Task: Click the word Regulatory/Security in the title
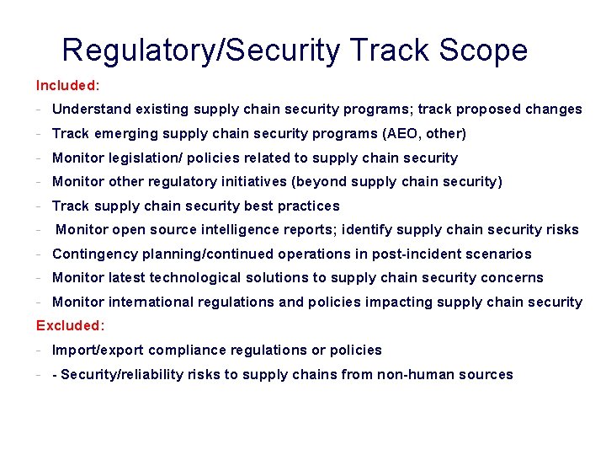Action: (x=201, y=51)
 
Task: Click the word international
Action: (x=150, y=302)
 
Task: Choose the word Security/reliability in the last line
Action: (x=120, y=374)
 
